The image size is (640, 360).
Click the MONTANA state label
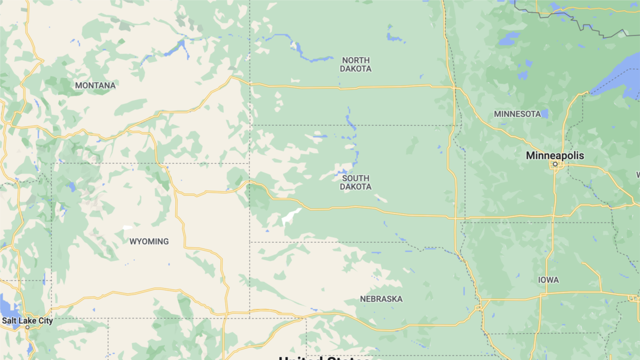tap(95, 85)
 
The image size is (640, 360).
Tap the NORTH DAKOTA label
tap(356, 65)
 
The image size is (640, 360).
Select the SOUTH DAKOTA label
tap(356, 182)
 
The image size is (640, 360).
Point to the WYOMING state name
tap(149, 242)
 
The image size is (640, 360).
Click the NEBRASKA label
tap(381, 299)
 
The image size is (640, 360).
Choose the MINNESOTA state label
tap(517, 114)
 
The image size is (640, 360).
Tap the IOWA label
tap(548, 279)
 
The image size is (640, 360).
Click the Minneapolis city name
tap(555, 156)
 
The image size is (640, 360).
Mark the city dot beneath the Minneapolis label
tap(555, 164)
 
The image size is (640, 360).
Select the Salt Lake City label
tap(27, 321)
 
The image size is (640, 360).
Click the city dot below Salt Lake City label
tap(27, 327)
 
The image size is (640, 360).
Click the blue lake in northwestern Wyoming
tap(71, 187)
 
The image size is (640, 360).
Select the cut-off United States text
tap(324, 357)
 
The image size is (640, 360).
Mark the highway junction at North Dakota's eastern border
tap(453, 86)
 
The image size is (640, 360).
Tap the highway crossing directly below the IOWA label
tap(541, 293)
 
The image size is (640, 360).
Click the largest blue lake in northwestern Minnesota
tap(509, 38)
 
